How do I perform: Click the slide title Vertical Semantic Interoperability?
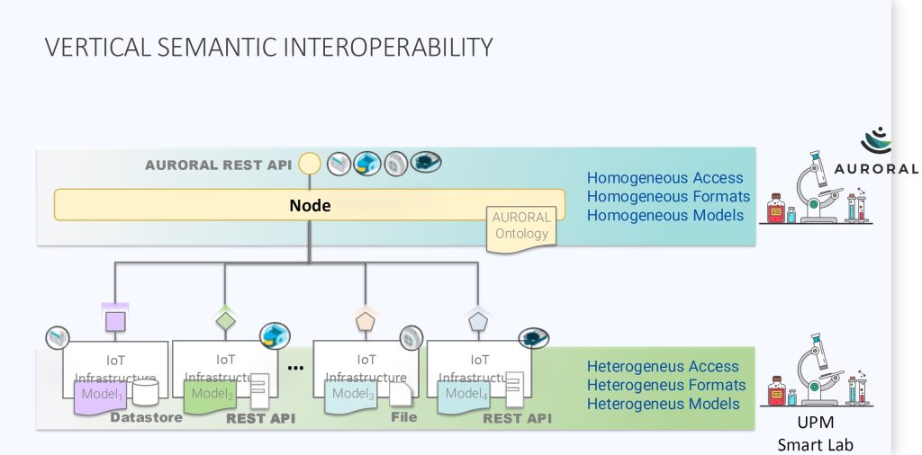coord(268,47)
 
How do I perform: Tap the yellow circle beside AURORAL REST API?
coord(310,164)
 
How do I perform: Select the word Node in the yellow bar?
coord(310,205)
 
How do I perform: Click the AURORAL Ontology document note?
coord(521,227)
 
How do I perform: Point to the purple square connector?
coord(114,321)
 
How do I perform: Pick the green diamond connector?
coord(225,319)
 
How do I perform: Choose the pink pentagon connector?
coord(365,319)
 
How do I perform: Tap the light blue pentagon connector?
coord(476,319)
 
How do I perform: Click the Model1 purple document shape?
coord(100,396)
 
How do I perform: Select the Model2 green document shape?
coord(212,395)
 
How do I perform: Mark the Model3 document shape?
coord(352,395)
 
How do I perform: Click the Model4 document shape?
coord(465,395)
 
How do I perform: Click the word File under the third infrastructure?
coord(404,417)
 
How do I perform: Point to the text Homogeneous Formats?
coord(668,196)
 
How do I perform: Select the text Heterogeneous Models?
coord(664,404)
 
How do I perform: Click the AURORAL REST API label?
coord(219,165)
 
